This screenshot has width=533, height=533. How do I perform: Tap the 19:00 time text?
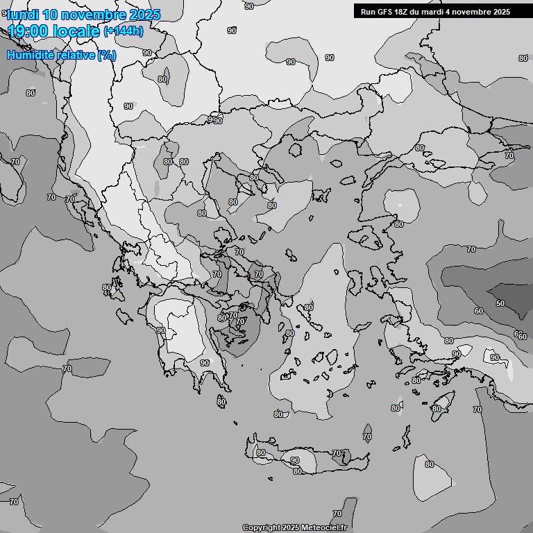point(28,31)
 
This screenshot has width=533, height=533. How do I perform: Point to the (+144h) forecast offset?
point(124,31)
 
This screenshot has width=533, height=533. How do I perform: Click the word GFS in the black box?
point(384,11)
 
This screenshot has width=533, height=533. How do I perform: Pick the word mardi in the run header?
point(434,11)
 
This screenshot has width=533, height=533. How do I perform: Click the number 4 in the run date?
point(450,11)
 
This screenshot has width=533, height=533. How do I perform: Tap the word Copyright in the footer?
point(261,528)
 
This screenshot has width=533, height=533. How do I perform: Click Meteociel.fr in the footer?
point(328,528)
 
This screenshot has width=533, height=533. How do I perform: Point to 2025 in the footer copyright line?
point(291,528)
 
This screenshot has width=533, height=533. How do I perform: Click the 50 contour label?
point(500,303)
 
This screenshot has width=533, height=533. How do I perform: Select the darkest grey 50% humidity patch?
point(507,295)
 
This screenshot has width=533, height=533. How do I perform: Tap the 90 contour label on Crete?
point(295,460)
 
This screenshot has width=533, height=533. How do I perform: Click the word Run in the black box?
point(368,11)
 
